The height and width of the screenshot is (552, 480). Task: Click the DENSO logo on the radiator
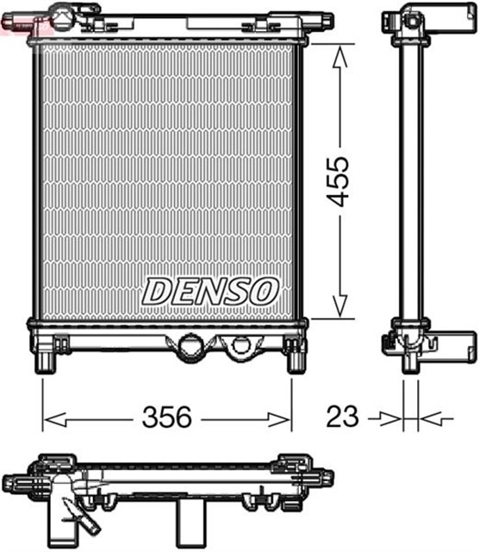pos(210,291)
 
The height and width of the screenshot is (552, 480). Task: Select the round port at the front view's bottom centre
pos(189,349)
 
